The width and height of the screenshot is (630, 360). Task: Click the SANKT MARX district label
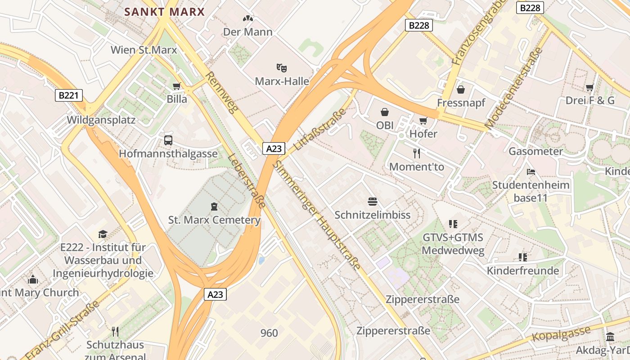pyautogui.click(x=164, y=12)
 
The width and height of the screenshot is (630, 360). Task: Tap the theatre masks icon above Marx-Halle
pyautogui.click(x=282, y=68)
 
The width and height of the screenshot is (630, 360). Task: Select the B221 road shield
pyautogui.click(x=69, y=95)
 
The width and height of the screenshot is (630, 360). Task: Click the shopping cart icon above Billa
pyautogui.click(x=177, y=86)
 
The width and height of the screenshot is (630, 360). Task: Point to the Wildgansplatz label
pyautogui.click(x=101, y=120)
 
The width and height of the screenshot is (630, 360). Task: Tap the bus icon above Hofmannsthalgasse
pyautogui.click(x=168, y=140)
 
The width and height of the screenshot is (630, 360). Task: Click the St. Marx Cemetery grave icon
pyautogui.click(x=214, y=207)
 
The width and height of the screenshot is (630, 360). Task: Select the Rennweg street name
pyautogui.click(x=221, y=92)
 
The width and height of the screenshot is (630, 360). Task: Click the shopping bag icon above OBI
pyautogui.click(x=385, y=112)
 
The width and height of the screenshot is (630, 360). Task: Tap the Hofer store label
pyautogui.click(x=423, y=134)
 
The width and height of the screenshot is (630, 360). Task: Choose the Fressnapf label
pyautogui.click(x=461, y=103)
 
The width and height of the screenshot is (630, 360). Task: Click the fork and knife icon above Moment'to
pyautogui.click(x=417, y=153)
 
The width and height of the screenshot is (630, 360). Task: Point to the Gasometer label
pyautogui.click(x=535, y=151)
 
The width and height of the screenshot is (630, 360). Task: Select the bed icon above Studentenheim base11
pyautogui.click(x=531, y=171)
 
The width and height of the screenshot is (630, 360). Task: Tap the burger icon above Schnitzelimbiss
pyautogui.click(x=373, y=201)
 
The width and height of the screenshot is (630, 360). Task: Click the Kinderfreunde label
pyautogui.click(x=522, y=271)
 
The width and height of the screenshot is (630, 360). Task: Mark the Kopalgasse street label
pyautogui.click(x=561, y=334)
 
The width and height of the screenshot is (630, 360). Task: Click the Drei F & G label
pyautogui.click(x=589, y=100)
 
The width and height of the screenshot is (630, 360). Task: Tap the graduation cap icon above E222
pyautogui.click(x=103, y=234)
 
